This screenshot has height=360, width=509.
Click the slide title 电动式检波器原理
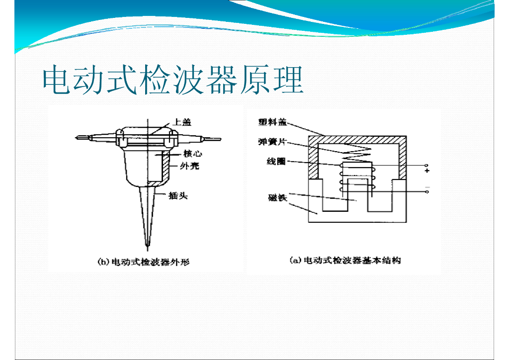[172, 80]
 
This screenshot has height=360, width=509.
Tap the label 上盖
[181, 122]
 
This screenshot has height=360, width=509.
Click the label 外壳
[189, 166]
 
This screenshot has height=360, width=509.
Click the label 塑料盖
[272, 122]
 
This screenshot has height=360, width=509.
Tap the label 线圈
[276, 162]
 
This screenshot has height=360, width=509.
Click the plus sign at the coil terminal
[427, 171]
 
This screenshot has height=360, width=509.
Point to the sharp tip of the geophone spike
[147, 245]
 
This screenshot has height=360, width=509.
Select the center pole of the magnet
[356, 196]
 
